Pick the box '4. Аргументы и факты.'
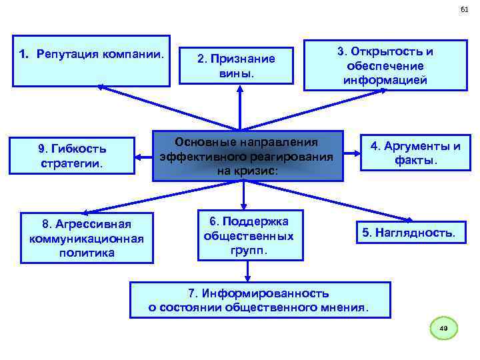tap(415, 153)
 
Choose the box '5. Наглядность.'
tap(409, 233)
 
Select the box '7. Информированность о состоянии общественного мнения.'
tap(259, 300)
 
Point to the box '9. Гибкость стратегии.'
tap(73, 155)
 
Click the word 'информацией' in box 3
tap(385, 81)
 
